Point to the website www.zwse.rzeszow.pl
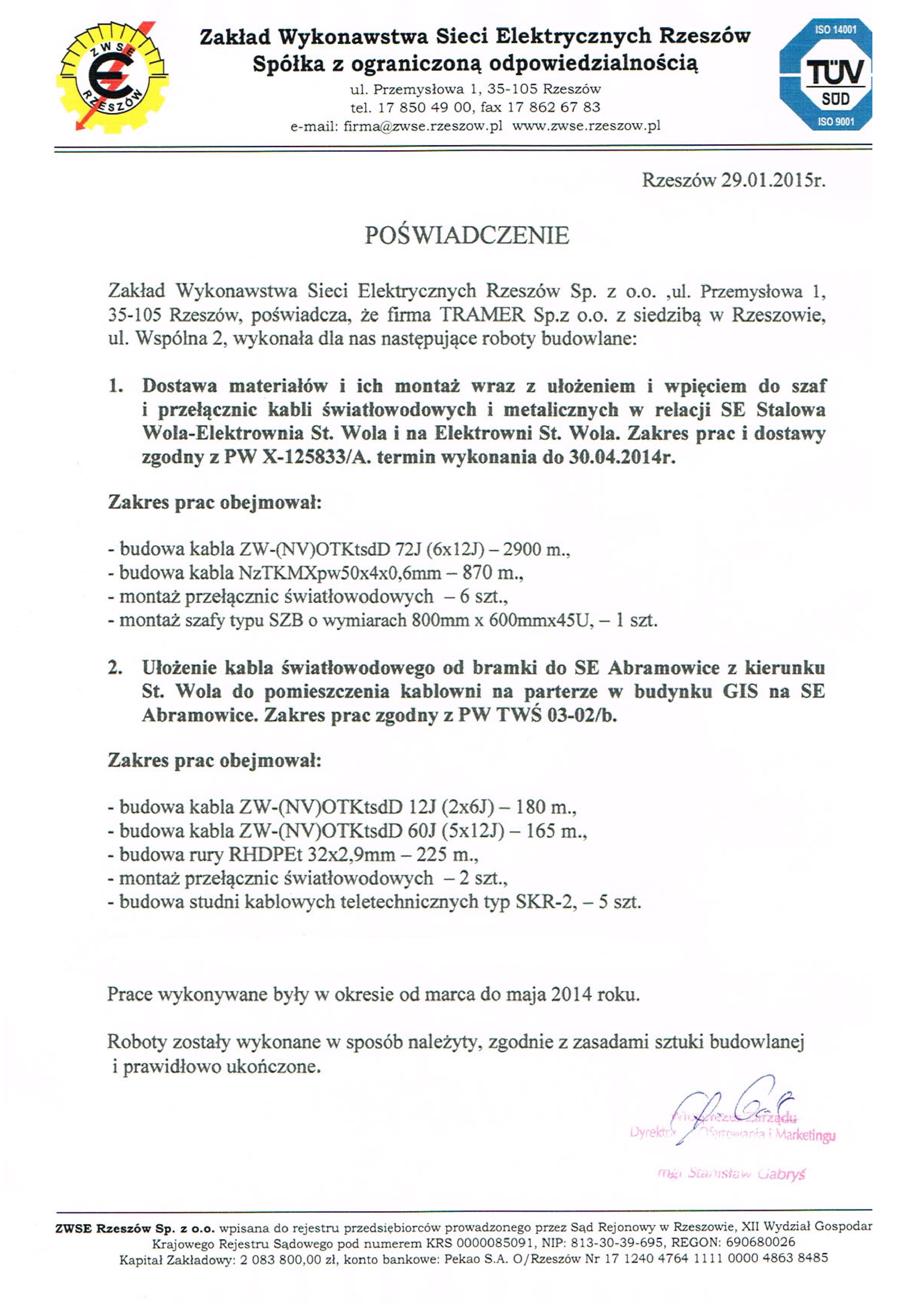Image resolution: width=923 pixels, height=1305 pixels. tap(586, 126)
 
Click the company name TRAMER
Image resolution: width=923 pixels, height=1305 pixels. tap(482, 315)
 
